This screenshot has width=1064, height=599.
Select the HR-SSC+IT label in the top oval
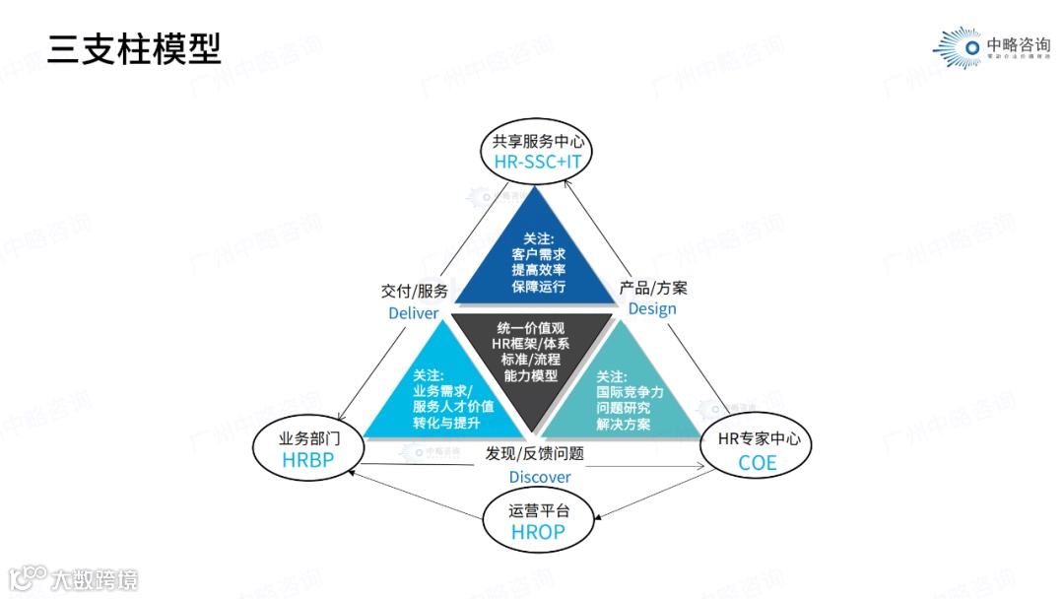pos(537,161)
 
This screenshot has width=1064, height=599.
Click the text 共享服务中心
pos(537,141)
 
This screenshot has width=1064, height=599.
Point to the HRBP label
pos(310,459)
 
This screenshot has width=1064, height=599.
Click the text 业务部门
pos(310,437)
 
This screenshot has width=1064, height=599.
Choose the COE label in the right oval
pos(757,462)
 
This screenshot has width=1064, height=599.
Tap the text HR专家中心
pos(757,438)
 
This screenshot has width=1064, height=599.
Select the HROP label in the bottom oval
pos(538,532)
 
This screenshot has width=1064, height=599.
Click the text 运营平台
pos(538,510)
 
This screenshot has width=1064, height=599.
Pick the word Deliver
pos(413,312)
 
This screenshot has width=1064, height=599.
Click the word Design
pos(652,308)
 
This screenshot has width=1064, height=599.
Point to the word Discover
pos(539,477)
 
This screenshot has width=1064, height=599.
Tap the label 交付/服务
pos(414,291)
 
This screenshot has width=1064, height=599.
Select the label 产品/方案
pos(653,288)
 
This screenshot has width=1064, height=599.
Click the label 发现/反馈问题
pos(535,454)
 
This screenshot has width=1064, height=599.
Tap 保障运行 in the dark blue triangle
pos(538,286)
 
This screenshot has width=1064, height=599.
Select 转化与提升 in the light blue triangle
pos(446,423)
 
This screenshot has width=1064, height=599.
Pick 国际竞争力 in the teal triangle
pos(630,392)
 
